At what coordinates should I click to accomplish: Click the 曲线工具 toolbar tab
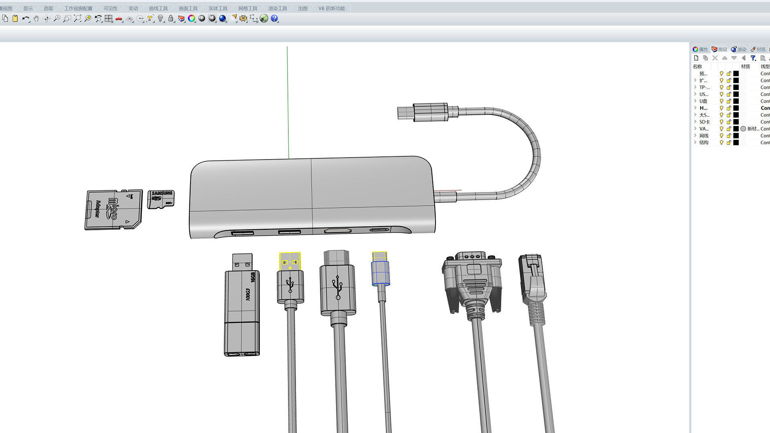pos(158,8)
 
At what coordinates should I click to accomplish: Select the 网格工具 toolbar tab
pos(247,8)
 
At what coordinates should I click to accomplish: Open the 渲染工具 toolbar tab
pos(278,8)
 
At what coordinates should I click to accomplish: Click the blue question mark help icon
pos(274,18)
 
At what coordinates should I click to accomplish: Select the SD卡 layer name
pos(704,122)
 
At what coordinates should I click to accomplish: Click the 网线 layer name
pos(704,136)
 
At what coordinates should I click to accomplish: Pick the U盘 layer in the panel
pos(703,101)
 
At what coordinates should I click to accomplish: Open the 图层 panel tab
pos(719,49)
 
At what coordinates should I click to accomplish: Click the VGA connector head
pos(472,277)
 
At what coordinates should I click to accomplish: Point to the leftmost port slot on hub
pos(242,233)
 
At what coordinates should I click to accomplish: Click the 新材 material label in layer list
pos(752,129)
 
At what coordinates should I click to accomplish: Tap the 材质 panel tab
pos(758,49)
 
